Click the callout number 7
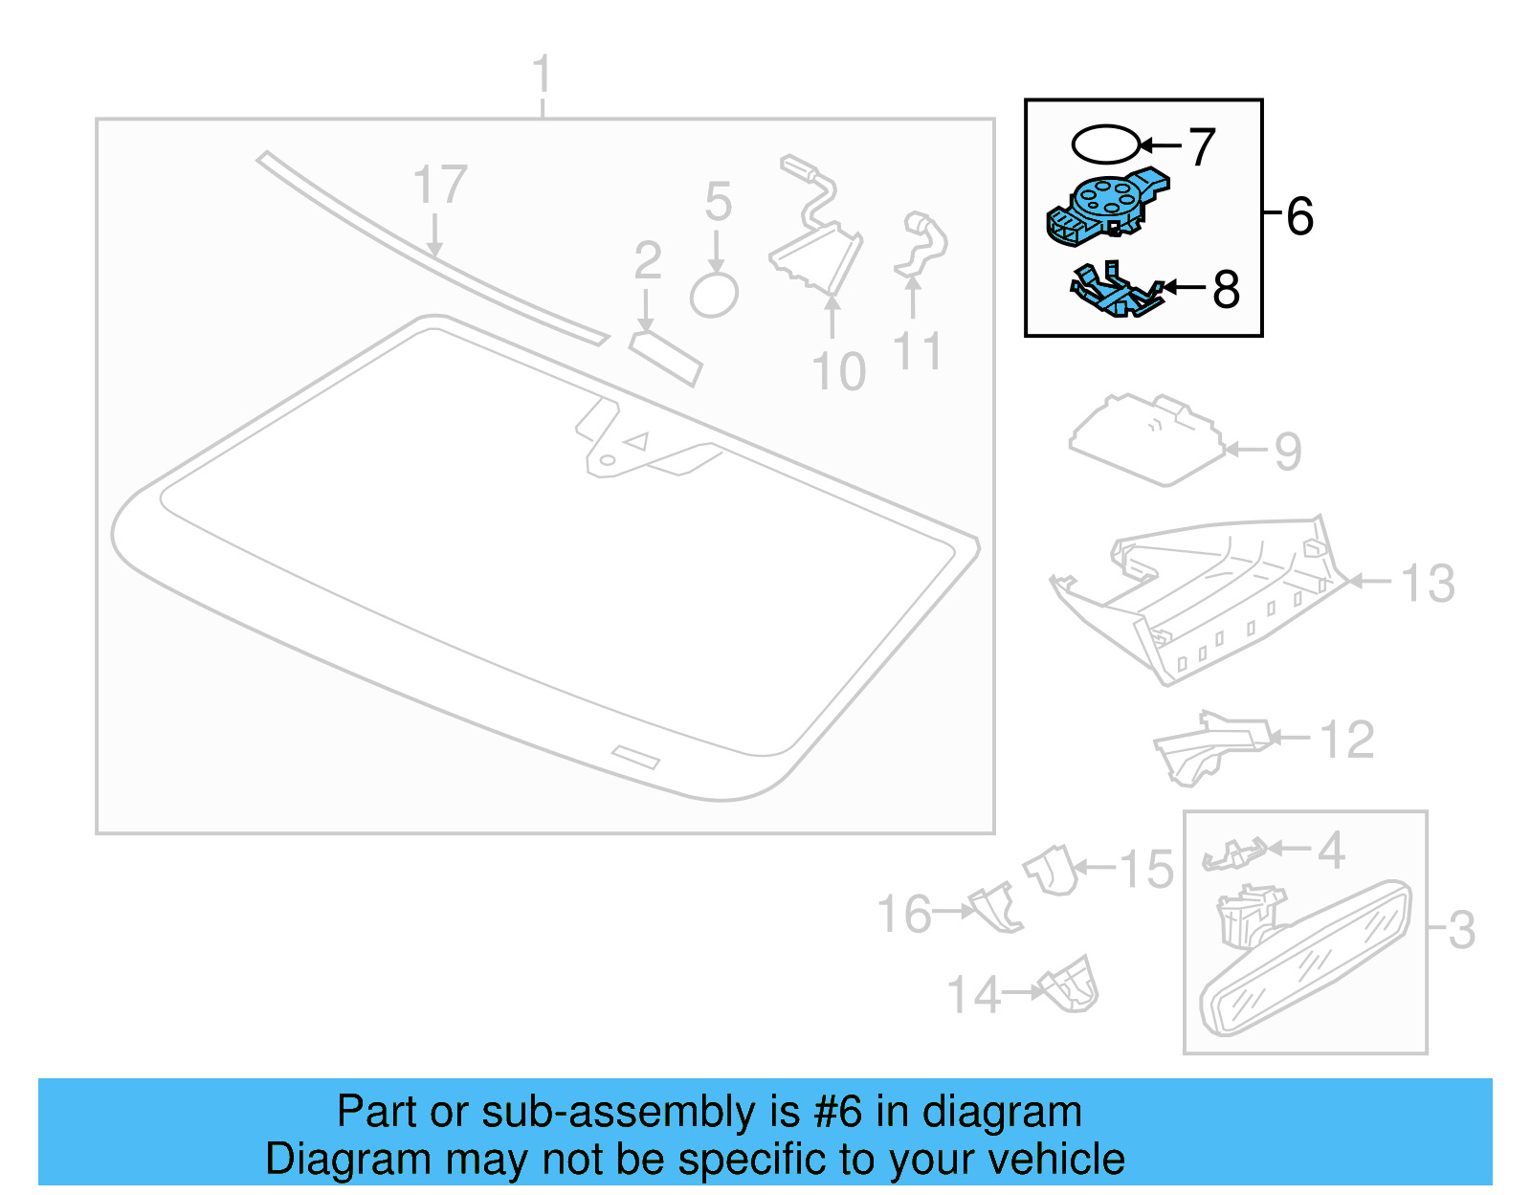pyautogui.click(x=1202, y=147)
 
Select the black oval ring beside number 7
pyautogui.click(x=1105, y=145)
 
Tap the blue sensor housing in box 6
pyautogui.click(x=1106, y=205)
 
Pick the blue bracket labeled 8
pyautogui.click(x=1114, y=292)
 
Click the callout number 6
pyautogui.click(x=1299, y=216)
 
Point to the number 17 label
pyautogui.click(x=439, y=185)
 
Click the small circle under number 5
pyautogui.click(x=714, y=295)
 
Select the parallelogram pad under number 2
pyautogui.click(x=666, y=358)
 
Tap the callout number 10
pyautogui.click(x=838, y=371)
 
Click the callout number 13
pyautogui.click(x=1428, y=583)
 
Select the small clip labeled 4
pyautogui.click(x=1234, y=853)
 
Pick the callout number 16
pyautogui.click(x=904, y=915)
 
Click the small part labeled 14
pyautogui.click(x=1070, y=986)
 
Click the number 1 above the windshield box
pyautogui.click(x=542, y=75)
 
